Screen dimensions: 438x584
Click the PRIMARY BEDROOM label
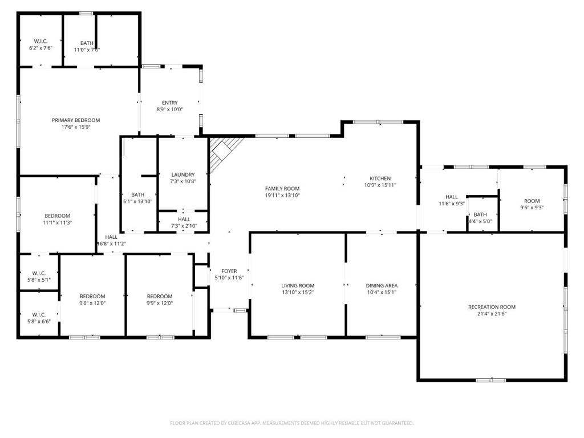(x=76, y=120)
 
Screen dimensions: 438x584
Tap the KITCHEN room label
(x=380, y=179)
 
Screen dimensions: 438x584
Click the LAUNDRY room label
(x=183, y=175)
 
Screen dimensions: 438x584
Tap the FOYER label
(x=229, y=271)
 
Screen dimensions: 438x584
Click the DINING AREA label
(x=382, y=286)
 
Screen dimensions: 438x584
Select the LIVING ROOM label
(x=298, y=286)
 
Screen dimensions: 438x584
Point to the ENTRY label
(x=170, y=103)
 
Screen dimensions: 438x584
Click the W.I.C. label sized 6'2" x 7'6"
(x=40, y=41)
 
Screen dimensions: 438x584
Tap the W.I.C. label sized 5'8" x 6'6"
(x=39, y=314)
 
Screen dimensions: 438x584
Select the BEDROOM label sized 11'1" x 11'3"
(x=58, y=216)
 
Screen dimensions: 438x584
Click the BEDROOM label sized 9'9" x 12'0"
(x=160, y=296)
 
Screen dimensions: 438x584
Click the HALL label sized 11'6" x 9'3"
(x=452, y=197)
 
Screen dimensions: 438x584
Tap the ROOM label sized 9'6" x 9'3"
(x=532, y=201)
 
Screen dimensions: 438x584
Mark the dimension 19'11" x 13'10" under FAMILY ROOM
(x=282, y=196)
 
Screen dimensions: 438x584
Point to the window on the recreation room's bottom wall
(x=490, y=380)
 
